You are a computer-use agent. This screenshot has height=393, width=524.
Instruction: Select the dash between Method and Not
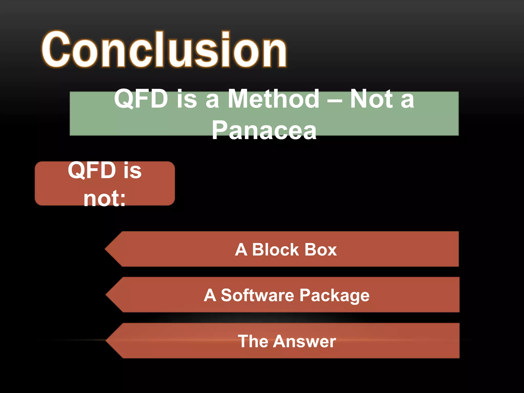[x=335, y=100]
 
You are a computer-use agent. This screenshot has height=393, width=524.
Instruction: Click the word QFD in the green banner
[x=141, y=99]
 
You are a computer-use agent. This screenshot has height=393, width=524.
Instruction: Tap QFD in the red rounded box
[x=92, y=170]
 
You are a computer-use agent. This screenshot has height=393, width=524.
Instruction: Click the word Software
[x=257, y=295]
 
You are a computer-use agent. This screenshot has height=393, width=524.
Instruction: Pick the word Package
[x=334, y=296]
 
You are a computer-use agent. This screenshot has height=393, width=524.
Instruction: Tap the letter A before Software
[x=210, y=295]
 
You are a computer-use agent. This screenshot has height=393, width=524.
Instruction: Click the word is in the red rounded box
[x=132, y=170]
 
